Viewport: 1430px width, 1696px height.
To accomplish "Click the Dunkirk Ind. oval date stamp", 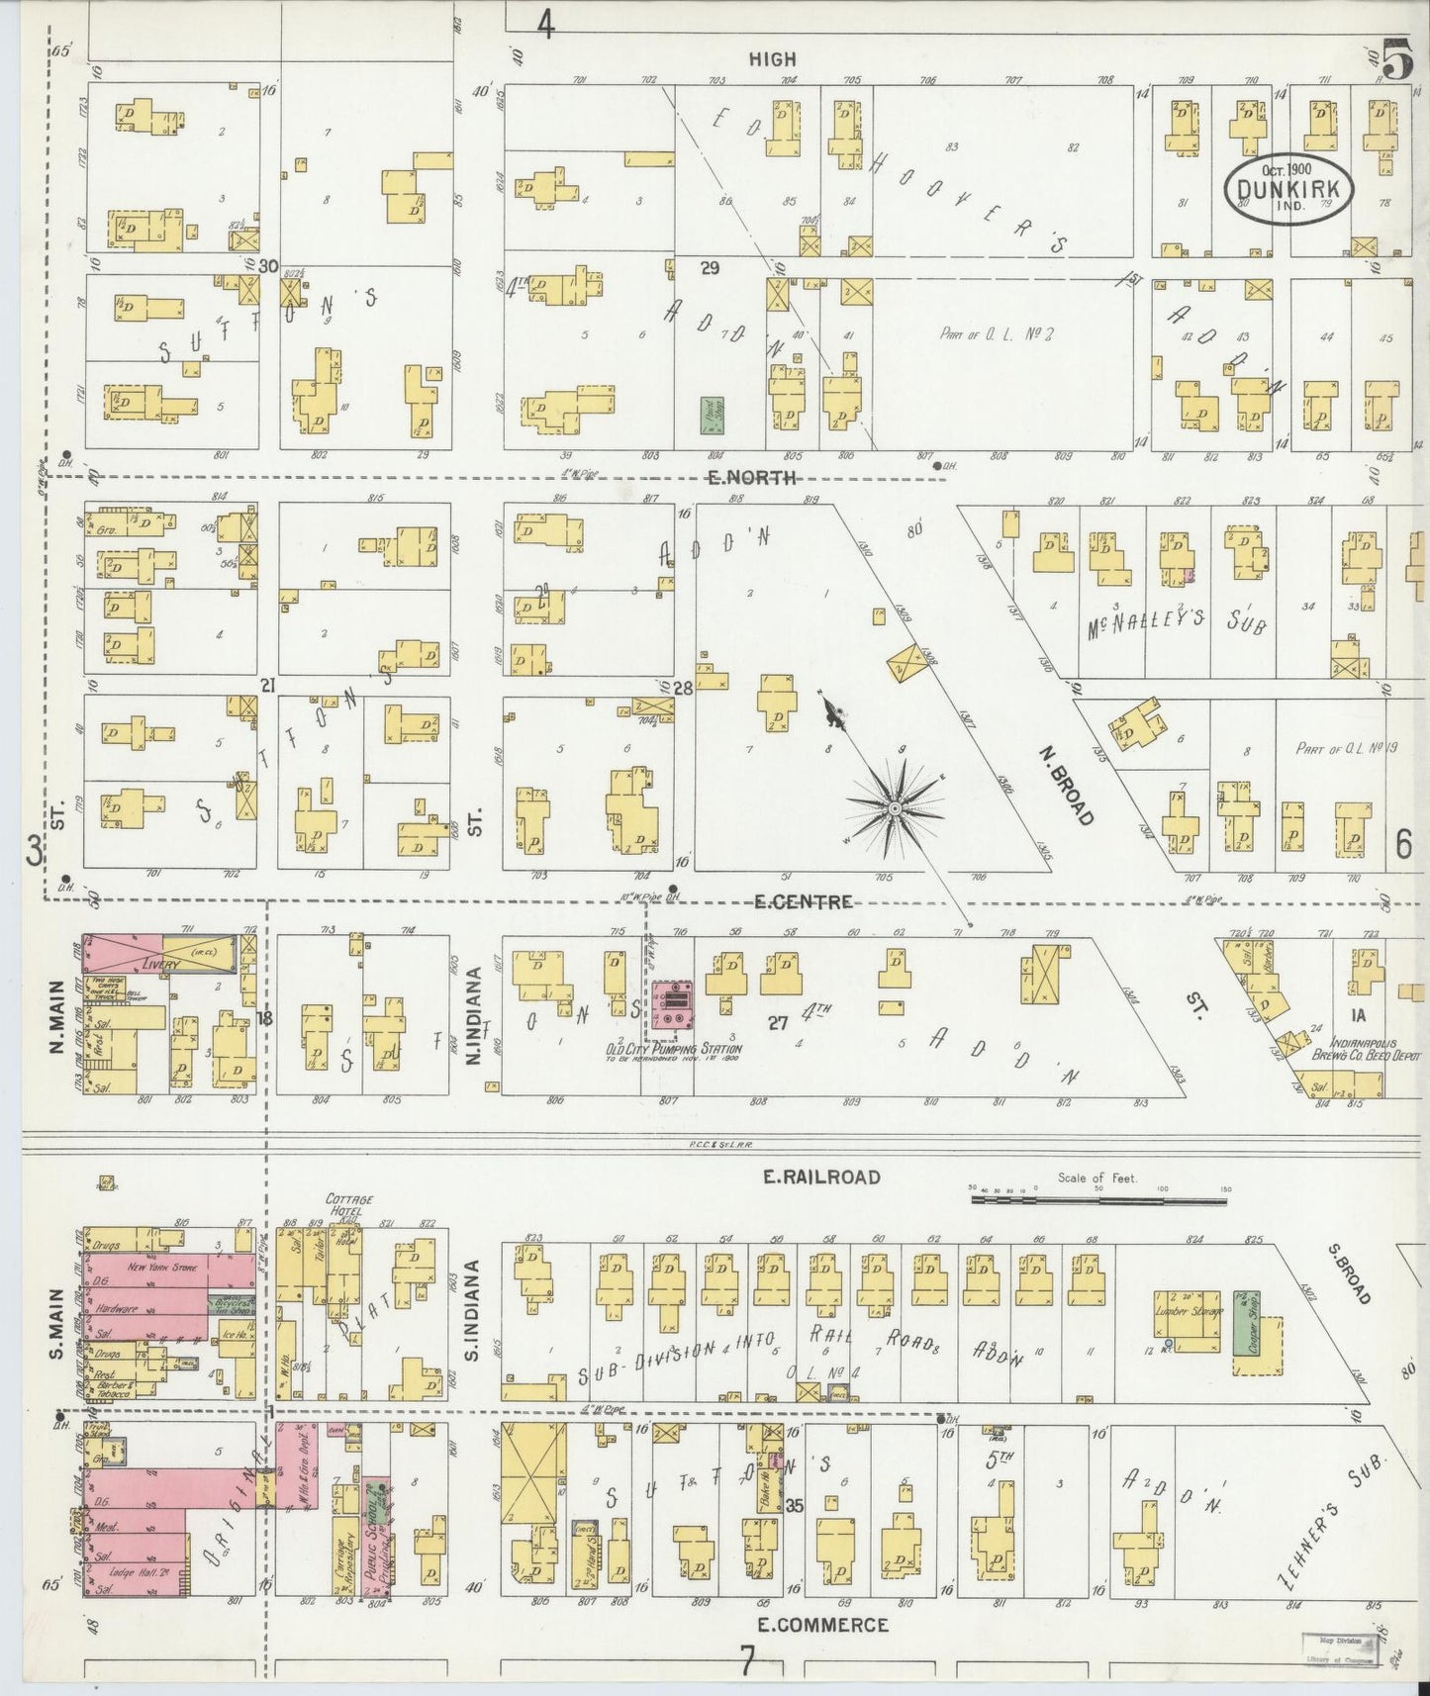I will tap(1287, 187).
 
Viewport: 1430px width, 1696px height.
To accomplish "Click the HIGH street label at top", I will tap(772, 59).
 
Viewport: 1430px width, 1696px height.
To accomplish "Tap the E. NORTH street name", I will tap(751, 478).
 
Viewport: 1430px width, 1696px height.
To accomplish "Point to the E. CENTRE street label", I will tap(803, 901).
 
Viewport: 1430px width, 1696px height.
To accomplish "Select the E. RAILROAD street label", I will tap(820, 1177).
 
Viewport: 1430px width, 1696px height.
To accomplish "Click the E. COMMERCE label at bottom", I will tap(822, 1624).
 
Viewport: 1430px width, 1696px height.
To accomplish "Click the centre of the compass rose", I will tap(894, 808).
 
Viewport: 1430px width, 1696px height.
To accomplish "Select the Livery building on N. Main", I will tap(163, 957).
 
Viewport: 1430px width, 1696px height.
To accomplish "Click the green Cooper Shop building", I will tap(1242, 1321).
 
